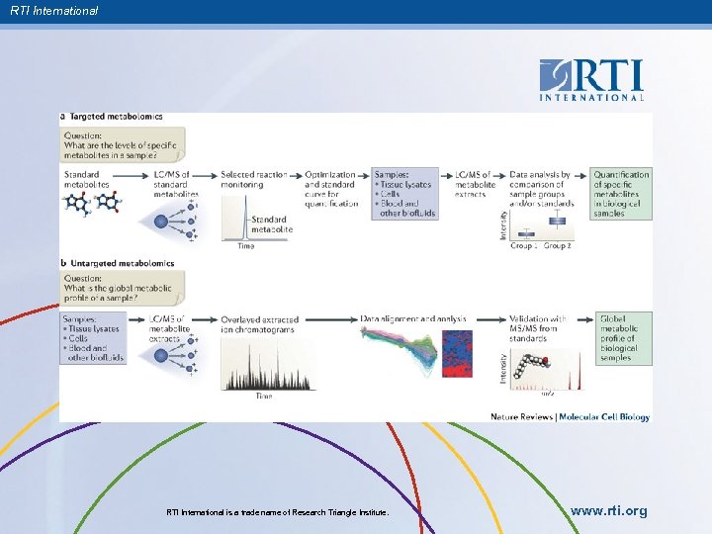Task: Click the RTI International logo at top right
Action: click(591, 79)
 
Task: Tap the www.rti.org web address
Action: click(609, 511)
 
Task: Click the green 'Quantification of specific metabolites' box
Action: click(622, 194)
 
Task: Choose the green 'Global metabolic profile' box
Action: click(622, 339)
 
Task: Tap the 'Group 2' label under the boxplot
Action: click(556, 245)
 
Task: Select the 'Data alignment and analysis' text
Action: click(412, 319)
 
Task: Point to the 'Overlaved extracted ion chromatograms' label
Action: click(260, 325)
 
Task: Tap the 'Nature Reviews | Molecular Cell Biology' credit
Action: click(570, 417)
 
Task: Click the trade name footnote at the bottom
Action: click(278, 512)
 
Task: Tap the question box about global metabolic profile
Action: click(118, 289)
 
